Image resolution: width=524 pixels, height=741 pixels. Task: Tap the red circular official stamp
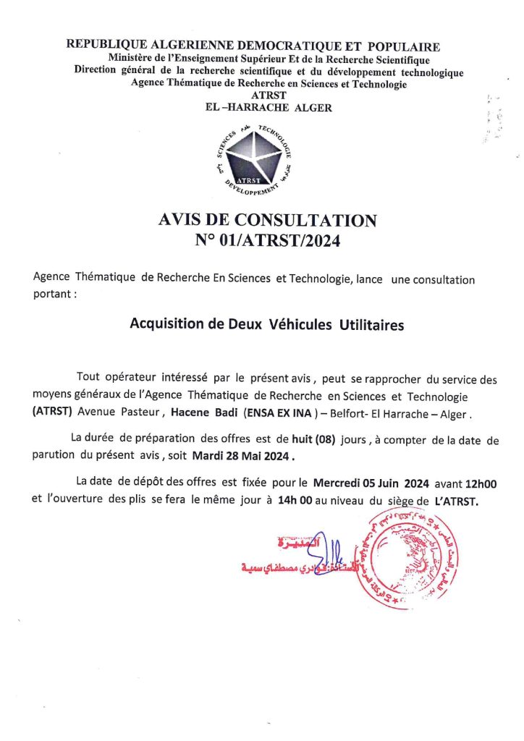coord(411,558)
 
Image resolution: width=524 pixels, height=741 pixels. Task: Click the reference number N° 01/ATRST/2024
coord(267,240)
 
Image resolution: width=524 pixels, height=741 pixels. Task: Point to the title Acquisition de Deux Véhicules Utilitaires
coord(266,324)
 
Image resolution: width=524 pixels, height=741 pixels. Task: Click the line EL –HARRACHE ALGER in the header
coord(269,108)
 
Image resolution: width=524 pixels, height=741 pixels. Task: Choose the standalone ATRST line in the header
coord(268,96)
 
